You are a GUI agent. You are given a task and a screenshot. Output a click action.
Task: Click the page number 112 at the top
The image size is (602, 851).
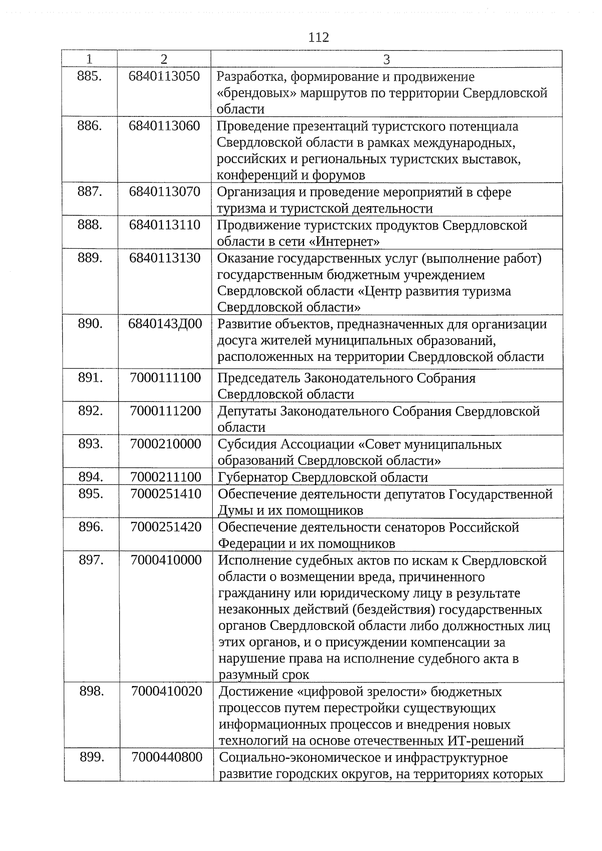click(x=319, y=38)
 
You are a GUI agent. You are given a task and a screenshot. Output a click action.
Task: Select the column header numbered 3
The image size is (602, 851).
click(x=386, y=60)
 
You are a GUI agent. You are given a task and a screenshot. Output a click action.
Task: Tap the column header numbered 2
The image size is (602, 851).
click(x=164, y=59)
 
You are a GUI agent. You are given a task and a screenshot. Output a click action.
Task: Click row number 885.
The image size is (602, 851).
click(x=90, y=76)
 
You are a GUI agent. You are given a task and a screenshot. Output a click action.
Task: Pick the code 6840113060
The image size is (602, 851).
click(x=164, y=125)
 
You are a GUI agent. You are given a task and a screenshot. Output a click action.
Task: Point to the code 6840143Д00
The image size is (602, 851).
click(x=165, y=323)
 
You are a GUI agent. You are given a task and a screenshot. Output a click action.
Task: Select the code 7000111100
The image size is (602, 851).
click(x=165, y=378)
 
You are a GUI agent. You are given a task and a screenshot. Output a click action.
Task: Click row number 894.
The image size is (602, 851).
click(x=91, y=476)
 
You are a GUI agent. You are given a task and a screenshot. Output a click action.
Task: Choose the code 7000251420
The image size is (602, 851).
click(x=166, y=527)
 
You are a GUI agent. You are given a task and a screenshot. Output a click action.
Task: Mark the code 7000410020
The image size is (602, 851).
click(x=167, y=691)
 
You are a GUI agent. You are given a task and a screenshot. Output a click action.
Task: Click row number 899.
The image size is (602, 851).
click(x=92, y=757)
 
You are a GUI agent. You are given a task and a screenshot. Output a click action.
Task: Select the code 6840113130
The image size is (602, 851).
click(x=165, y=258)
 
